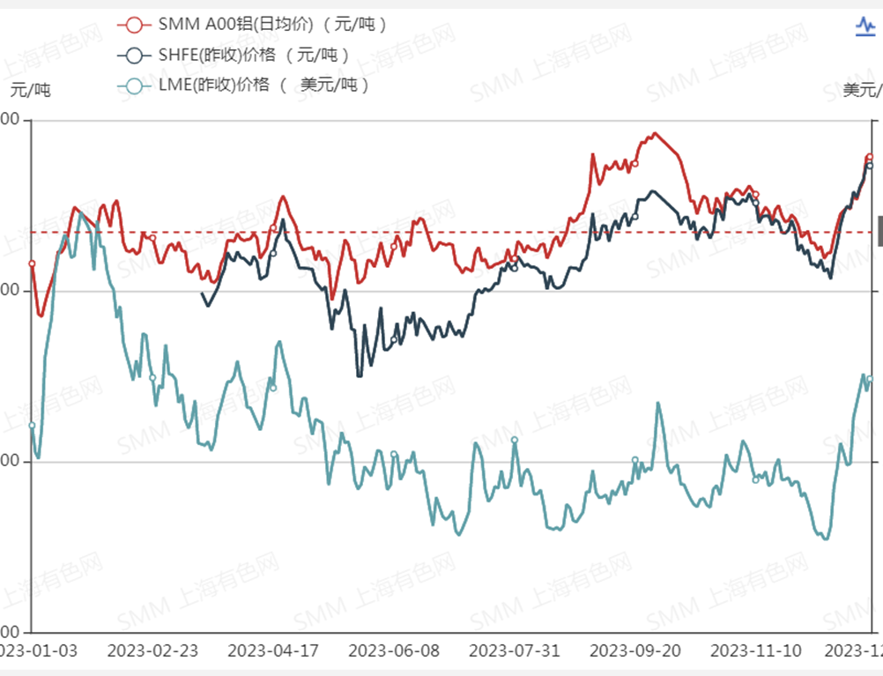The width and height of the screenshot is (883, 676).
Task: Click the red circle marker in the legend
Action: click(134, 25)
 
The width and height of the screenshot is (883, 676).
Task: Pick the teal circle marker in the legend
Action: click(134, 85)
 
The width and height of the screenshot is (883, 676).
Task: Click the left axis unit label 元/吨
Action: click(31, 90)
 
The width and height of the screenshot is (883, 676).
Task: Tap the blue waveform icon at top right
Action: click(865, 27)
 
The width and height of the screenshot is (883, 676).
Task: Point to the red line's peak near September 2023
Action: click(655, 133)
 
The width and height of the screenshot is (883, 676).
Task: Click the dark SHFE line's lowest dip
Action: click(359, 376)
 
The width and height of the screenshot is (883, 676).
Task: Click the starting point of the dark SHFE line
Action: click(202, 293)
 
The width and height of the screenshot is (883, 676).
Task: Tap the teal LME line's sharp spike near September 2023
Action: click(658, 404)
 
